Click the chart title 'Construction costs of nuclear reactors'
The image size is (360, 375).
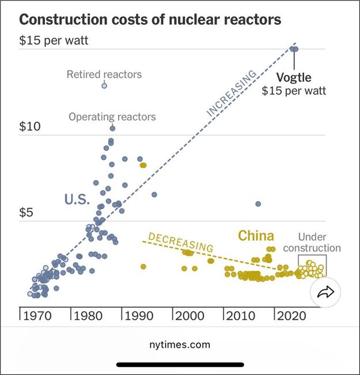150,20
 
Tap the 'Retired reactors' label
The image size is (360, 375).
104,74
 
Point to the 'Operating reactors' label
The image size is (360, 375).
112,117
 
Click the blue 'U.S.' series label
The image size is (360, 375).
77,200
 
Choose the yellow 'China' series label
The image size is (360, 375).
256,236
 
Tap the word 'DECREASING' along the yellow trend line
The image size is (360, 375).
180,242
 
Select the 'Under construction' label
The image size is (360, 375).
319,243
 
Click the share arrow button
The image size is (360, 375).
326,293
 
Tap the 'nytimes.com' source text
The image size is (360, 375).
180,344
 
